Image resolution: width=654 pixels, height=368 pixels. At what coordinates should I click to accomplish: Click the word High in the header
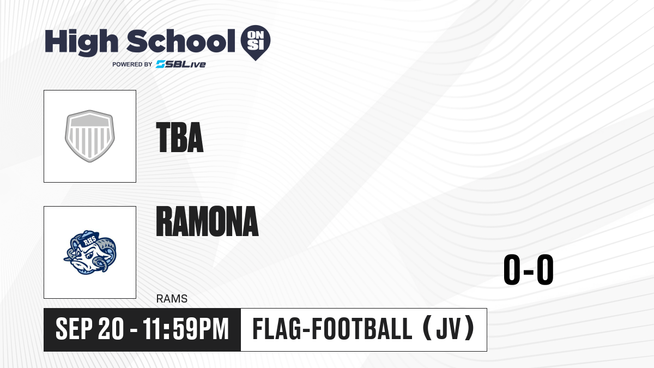point(81,43)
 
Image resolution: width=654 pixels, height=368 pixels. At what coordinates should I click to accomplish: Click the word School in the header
point(181,41)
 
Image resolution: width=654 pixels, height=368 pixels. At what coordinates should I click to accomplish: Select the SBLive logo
point(180,64)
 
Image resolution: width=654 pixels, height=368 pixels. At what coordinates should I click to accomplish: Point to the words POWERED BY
point(132,64)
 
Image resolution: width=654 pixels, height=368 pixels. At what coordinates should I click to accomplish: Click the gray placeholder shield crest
point(90,136)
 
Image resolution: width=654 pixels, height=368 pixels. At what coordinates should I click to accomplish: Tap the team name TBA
point(179,137)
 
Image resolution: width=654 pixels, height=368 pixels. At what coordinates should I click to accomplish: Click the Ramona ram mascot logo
point(90,252)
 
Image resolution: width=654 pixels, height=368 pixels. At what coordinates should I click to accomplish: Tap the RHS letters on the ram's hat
point(90,241)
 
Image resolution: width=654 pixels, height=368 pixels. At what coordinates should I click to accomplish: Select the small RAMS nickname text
point(172,299)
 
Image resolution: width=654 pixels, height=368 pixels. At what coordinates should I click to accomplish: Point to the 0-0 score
point(529,269)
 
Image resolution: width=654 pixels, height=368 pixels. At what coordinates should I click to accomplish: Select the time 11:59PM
point(185,329)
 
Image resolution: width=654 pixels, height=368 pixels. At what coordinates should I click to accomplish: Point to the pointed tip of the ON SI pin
point(256,61)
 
